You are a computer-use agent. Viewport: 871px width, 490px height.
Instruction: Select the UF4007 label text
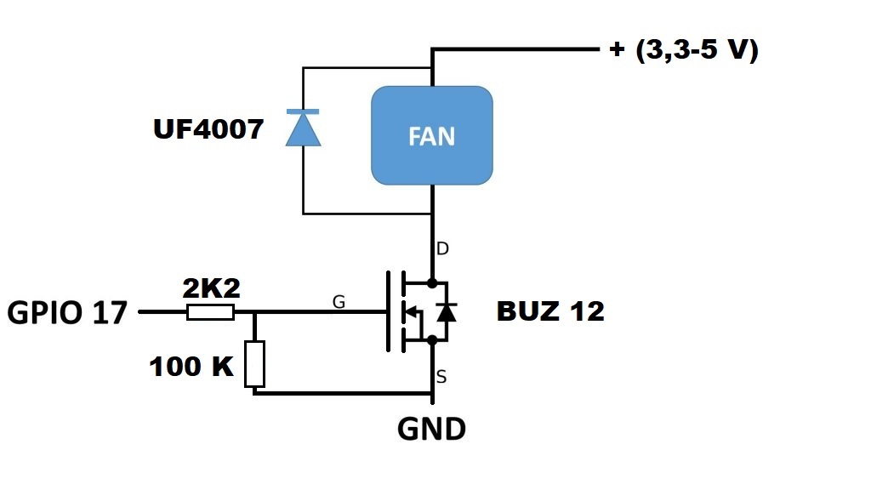pos(208,129)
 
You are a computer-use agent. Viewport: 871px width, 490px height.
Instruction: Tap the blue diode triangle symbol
pos(304,128)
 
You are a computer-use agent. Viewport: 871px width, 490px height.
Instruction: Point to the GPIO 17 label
pos(67,313)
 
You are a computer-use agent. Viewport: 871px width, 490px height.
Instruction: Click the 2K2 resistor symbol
pos(210,313)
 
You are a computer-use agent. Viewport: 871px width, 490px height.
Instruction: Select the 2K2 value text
pos(212,289)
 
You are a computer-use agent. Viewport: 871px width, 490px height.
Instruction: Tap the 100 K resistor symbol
pos(254,363)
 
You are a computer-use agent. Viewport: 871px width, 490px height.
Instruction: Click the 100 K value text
pos(191,367)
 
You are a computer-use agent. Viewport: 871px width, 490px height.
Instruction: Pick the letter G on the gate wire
pos(339,301)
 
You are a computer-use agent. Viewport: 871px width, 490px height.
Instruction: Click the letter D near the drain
pos(442,249)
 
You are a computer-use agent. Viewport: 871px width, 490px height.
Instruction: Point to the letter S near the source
pos(441,376)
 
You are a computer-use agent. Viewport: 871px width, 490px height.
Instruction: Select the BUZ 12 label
pos(550,311)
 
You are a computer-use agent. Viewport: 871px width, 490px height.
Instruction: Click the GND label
pos(431,430)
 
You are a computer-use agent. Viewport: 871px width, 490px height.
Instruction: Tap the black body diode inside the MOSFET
pos(445,312)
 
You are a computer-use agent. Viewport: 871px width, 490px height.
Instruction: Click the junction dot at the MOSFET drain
pos(432,282)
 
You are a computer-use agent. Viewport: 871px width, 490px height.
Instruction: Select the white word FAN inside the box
pos(432,136)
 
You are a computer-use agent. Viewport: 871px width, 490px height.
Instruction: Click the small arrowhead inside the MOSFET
pos(412,312)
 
